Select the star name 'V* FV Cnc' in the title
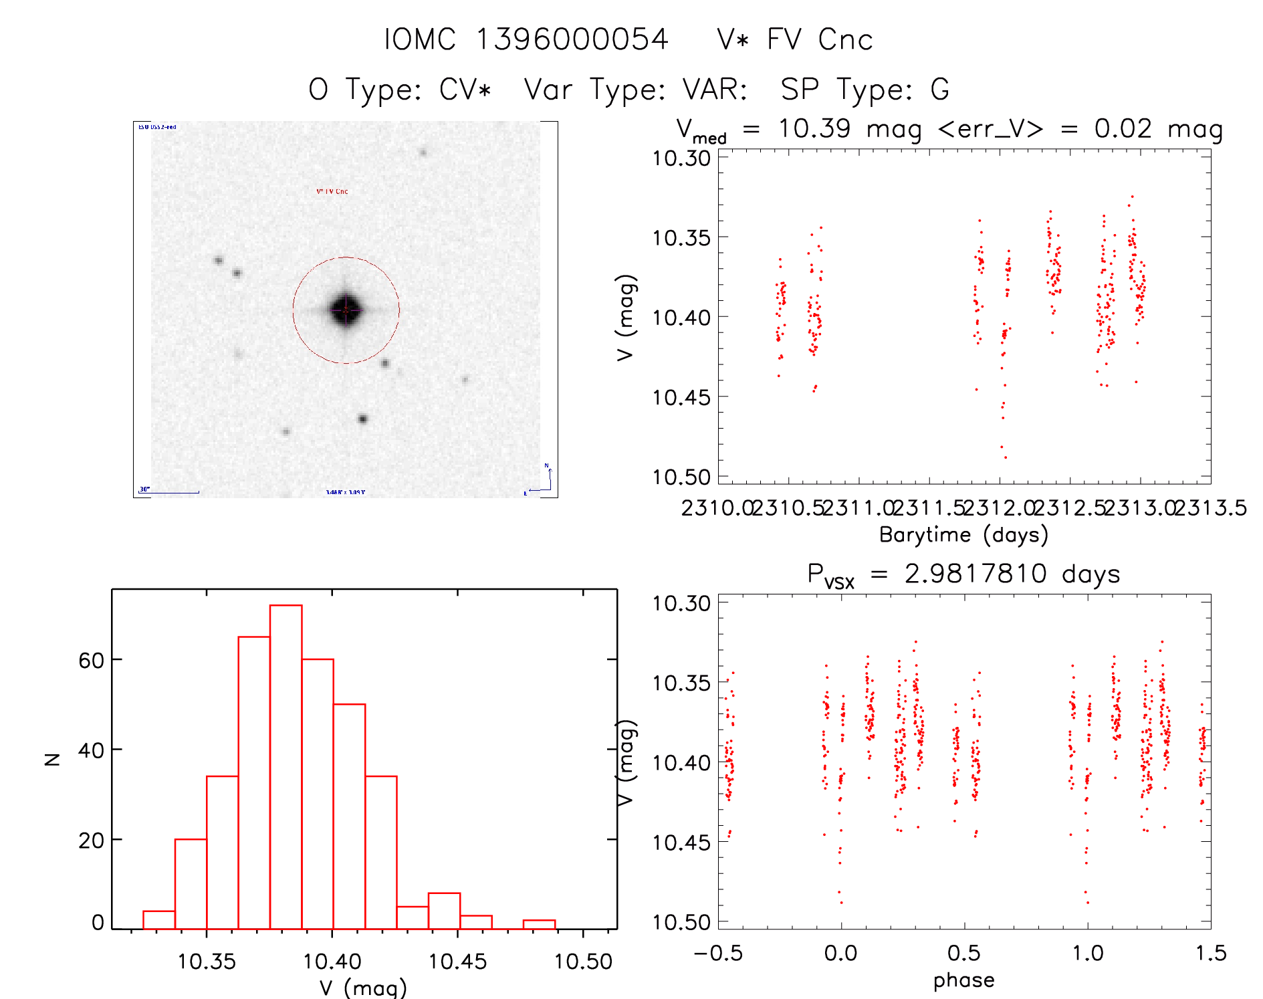(x=794, y=39)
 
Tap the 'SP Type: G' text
(x=865, y=90)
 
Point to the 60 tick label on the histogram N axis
(x=91, y=661)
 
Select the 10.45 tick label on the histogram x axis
(x=457, y=962)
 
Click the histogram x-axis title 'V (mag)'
(x=363, y=988)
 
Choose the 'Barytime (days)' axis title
(x=963, y=535)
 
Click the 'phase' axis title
(x=963, y=980)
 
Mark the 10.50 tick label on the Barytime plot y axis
(x=681, y=477)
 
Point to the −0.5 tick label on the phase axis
(x=718, y=953)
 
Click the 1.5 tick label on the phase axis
(x=1211, y=953)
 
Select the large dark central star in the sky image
(x=346, y=310)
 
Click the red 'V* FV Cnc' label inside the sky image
(x=332, y=191)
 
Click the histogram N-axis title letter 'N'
(x=52, y=759)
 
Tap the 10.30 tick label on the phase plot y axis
(x=681, y=603)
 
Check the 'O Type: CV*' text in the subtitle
(x=400, y=90)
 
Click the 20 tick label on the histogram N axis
(x=91, y=841)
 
